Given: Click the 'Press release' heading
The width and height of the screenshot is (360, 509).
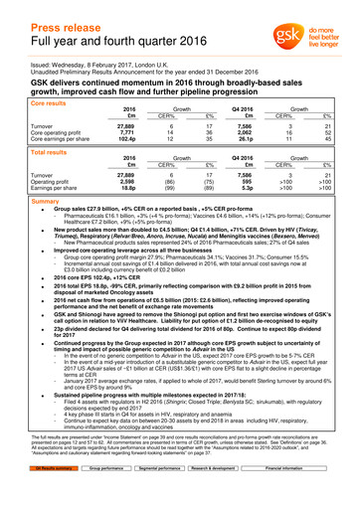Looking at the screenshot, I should point(59,13).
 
